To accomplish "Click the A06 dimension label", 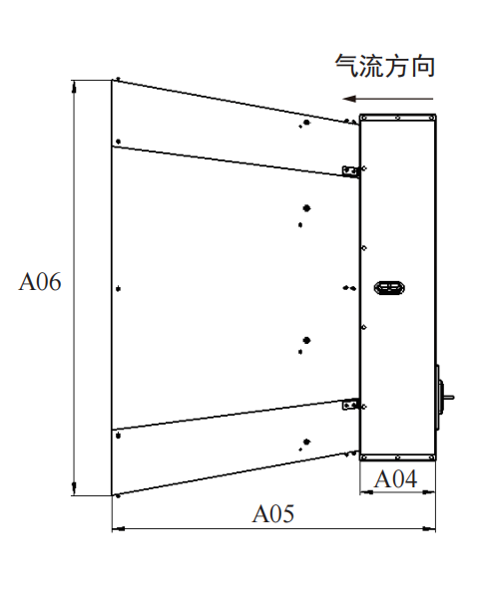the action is click(x=40, y=282).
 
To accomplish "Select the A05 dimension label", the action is click(x=272, y=513).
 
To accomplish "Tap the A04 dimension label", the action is click(x=395, y=479).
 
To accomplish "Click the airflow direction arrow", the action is click(x=387, y=99).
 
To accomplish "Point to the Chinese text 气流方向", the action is click(x=385, y=66).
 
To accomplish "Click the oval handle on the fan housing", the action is click(x=389, y=288).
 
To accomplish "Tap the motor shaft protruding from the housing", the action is click(x=449, y=398).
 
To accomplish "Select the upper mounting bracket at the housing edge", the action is click(x=350, y=171).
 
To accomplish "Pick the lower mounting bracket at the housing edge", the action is click(x=350, y=404).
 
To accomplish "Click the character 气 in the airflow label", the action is click(x=347, y=66).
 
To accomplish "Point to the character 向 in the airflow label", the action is click(x=423, y=67).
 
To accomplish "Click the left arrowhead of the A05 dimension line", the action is click(x=118, y=529).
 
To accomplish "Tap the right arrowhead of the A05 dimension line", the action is click(x=429, y=529).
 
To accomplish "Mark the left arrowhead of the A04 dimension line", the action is click(x=365, y=492).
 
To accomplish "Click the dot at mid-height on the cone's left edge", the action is click(x=119, y=289).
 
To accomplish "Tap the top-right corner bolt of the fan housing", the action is click(x=432, y=118).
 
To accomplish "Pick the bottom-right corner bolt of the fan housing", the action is click(x=432, y=457).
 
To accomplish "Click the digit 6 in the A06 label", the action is click(x=55, y=282).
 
